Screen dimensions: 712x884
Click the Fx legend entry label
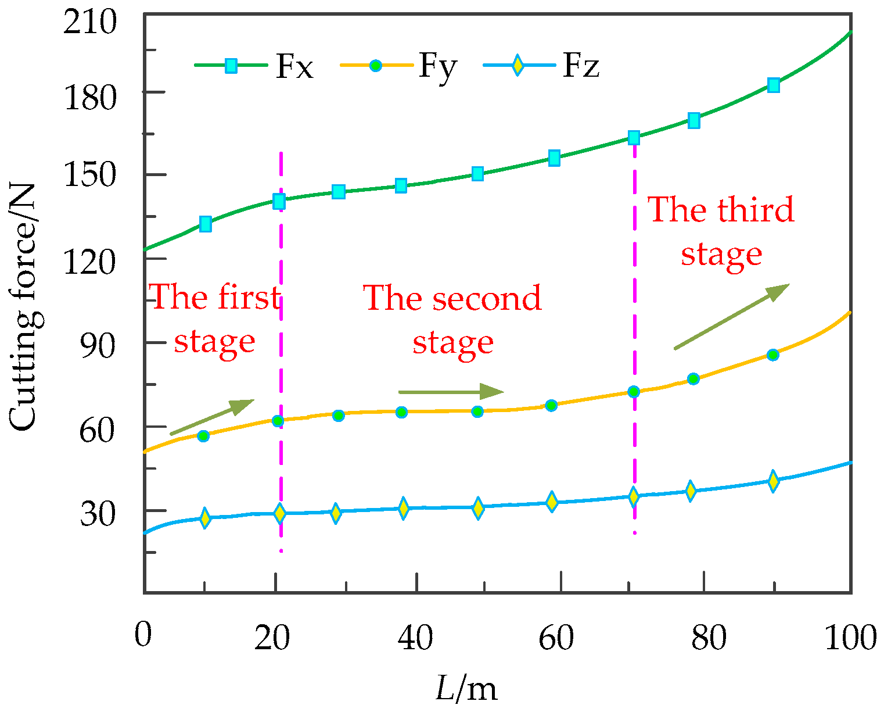[294, 67]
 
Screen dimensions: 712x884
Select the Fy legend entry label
[437, 67]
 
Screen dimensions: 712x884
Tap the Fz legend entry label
[581, 67]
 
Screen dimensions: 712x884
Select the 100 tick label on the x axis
[849, 638]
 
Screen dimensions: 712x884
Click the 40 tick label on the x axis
[415, 638]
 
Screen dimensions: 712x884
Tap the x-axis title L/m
[466, 689]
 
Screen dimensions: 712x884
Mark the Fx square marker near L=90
[773, 85]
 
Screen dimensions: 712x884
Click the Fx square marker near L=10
[205, 224]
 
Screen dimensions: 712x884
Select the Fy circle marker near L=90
[772, 355]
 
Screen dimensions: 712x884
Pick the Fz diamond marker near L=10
[204, 518]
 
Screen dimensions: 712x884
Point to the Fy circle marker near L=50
[477, 412]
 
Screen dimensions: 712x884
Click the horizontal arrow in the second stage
[451, 392]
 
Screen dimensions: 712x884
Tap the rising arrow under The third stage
[731, 317]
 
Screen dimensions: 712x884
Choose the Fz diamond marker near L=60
[552, 501]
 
